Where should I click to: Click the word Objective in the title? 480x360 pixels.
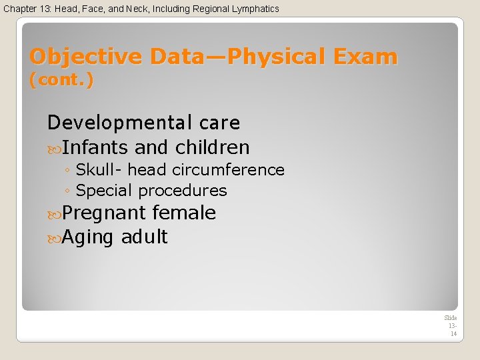(x=87, y=57)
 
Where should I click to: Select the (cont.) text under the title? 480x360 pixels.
(x=62, y=81)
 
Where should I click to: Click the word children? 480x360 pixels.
(x=212, y=147)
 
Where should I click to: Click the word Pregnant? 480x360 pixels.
(x=104, y=213)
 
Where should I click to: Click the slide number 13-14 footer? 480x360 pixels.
(x=451, y=326)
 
